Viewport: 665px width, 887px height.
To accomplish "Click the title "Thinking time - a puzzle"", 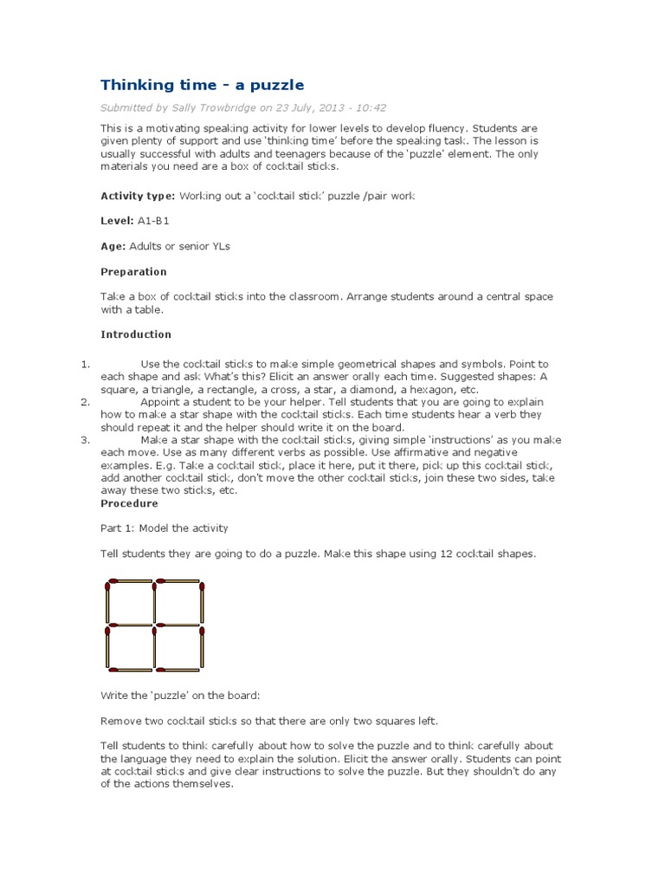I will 202,84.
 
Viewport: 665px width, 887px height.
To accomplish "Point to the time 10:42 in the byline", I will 371,108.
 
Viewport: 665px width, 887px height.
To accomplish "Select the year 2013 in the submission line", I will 331,108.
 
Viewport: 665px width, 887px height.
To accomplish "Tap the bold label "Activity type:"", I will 138,197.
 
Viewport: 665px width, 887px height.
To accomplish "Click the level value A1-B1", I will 154,222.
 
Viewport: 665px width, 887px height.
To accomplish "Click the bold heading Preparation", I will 133,272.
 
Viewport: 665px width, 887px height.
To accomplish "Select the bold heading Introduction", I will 136,334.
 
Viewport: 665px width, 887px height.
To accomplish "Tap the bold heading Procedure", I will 129,503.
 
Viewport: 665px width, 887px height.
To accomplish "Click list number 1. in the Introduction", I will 85,365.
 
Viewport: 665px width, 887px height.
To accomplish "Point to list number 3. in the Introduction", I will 85,440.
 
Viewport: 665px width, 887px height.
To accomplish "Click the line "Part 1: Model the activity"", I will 165,528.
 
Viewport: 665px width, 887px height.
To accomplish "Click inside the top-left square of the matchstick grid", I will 130,602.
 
